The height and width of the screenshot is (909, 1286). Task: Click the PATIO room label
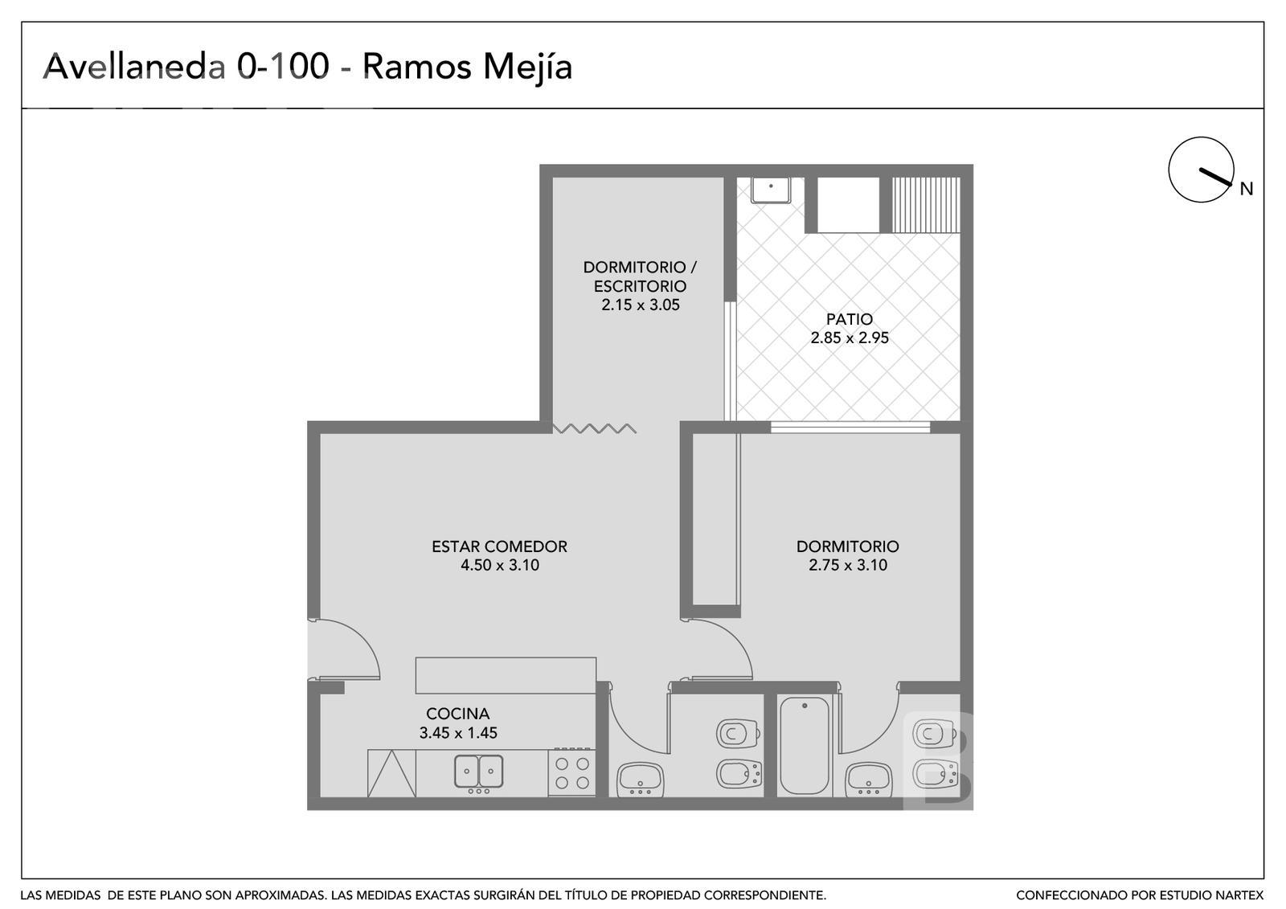849,319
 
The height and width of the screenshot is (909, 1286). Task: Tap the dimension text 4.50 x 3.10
499,565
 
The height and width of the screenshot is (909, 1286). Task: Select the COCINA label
457,714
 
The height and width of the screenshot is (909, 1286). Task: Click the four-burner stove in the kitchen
571,772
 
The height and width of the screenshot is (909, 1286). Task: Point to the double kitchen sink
479,772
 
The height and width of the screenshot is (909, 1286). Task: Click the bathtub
805,746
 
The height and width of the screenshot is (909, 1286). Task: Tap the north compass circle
1201,170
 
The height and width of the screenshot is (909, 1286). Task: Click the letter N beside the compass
1247,189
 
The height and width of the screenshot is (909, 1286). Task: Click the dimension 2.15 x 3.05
640,305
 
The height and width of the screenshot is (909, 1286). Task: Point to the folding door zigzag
594,428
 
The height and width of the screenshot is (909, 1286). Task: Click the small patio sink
771,190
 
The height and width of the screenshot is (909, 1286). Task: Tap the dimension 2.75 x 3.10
848,565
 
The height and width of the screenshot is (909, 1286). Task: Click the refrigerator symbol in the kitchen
391,773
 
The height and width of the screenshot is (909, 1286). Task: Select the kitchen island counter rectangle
506,675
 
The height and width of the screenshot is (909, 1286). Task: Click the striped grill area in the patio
925,204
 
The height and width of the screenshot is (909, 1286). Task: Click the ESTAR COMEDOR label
499,546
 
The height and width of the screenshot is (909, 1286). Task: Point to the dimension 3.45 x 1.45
458,733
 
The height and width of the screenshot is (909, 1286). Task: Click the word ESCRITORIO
640,286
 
